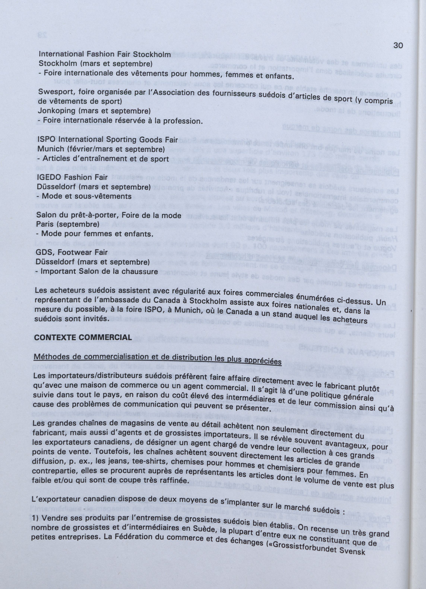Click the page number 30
pos(398,45)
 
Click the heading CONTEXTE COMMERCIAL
pos(83,338)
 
